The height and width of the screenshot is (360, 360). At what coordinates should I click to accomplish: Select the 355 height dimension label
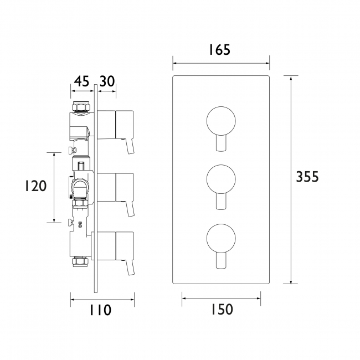click(307, 177)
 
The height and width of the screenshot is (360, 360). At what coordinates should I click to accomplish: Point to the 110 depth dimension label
click(100, 310)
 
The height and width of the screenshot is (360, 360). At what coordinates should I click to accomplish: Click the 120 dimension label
click(36, 186)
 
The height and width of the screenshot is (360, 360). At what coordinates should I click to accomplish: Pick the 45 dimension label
click(81, 81)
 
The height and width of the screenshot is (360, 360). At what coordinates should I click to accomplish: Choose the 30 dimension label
click(107, 81)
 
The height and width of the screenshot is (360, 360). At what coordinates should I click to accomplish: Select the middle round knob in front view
click(221, 178)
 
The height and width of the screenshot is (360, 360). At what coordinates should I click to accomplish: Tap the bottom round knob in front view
click(221, 236)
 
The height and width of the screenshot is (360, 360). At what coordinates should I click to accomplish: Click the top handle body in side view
click(124, 124)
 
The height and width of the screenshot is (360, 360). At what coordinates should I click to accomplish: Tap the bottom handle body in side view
click(124, 245)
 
